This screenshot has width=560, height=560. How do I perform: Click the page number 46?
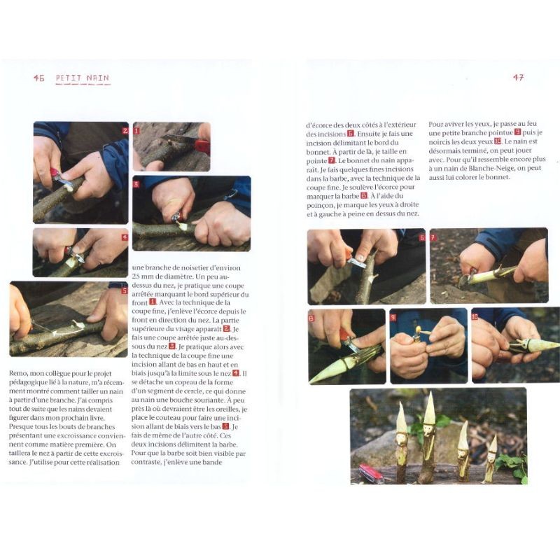point(38,78)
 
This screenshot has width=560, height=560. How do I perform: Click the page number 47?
point(518,78)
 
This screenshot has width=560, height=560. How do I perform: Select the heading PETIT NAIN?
point(83,78)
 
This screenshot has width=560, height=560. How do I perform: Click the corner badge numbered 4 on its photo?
point(125,237)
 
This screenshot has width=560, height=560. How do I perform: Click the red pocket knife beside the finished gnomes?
point(371,472)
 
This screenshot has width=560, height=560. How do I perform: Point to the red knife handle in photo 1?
point(201,146)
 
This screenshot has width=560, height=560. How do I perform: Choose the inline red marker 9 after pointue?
point(517,132)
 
